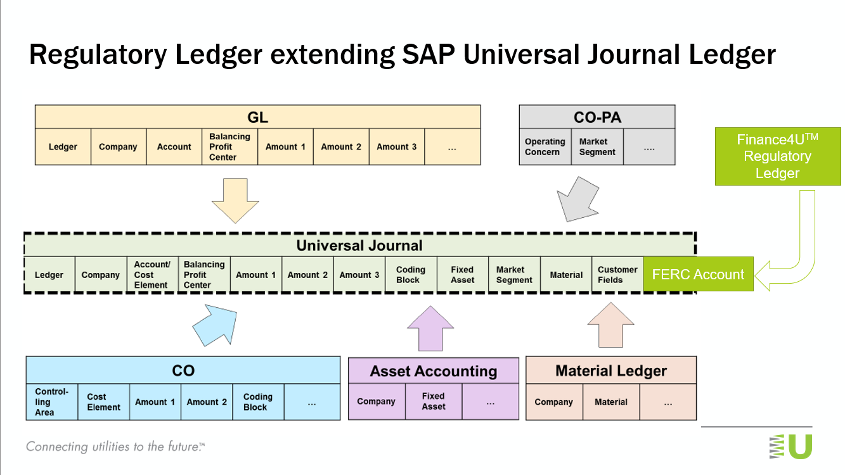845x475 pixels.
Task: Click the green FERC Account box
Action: click(x=698, y=274)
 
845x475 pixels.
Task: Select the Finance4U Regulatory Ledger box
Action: click(x=777, y=156)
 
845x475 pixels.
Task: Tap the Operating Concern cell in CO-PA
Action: click(x=545, y=147)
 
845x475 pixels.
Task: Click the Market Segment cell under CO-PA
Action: click(x=597, y=147)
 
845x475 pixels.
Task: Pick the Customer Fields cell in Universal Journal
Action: click(x=617, y=275)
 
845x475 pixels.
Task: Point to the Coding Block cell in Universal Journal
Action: click(x=410, y=275)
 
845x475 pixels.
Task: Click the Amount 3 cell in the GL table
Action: click(x=397, y=147)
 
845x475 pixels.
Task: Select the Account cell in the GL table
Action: click(x=174, y=147)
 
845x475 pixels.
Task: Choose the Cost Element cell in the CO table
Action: click(x=103, y=402)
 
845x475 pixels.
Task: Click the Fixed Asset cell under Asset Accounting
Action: click(x=434, y=402)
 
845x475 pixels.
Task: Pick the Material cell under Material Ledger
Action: click(x=611, y=402)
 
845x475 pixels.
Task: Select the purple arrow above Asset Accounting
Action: click(x=430, y=327)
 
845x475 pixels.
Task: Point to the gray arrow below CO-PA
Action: click(x=576, y=198)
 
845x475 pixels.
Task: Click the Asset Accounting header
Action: click(x=434, y=371)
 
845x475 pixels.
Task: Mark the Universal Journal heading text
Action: click(x=359, y=246)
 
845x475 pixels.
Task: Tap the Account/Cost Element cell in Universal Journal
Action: click(x=152, y=275)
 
